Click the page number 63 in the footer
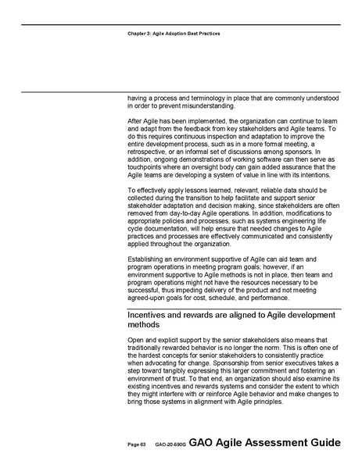[143, 444]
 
